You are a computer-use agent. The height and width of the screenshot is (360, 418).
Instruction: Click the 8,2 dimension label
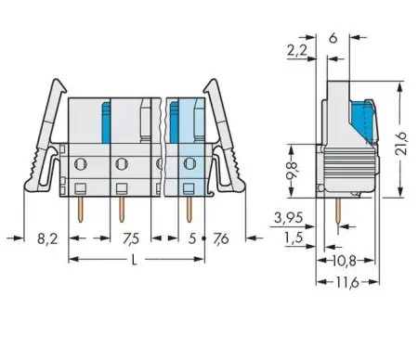click(46, 238)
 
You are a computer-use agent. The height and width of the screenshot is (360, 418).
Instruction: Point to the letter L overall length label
click(135, 261)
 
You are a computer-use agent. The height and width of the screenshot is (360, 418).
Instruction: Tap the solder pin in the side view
click(337, 212)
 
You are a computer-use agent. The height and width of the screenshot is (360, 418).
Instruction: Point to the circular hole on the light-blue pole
click(190, 165)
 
